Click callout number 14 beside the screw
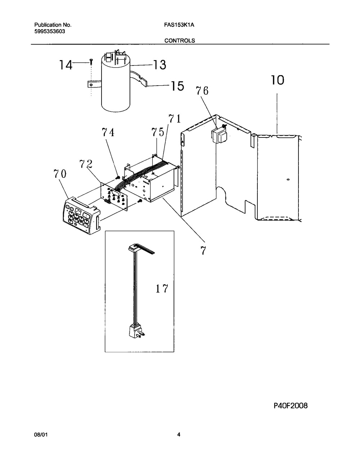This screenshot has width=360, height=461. (x=66, y=65)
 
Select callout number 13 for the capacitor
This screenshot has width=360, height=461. (x=159, y=65)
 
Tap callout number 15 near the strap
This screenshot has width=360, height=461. (x=177, y=86)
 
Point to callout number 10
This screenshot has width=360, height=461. (x=277, y=80)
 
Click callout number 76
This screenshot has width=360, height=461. (x=202, y=91)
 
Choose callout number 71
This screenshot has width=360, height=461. (x=175, y=119)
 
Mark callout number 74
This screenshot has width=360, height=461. (x=108, y=132)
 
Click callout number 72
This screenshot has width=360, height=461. (x=86, y=164)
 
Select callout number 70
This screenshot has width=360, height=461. (x=60, y=174)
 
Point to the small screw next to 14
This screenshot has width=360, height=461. (x=91, y=62)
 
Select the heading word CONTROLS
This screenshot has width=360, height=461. (x=180, y=41)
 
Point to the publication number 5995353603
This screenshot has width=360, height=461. (x=50, y=31)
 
